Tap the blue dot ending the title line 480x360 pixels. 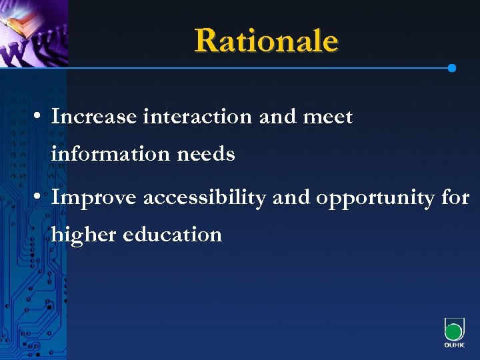[x=452, y=68]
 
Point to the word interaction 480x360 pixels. [x=197, y=117]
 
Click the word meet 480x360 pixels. [x=327, y=117]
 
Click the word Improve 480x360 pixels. [x=95, y=197]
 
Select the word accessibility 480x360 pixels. [x=204, y=197]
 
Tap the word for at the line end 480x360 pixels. [x=455, y=197]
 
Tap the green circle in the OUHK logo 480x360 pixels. [x=453, y=332]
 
